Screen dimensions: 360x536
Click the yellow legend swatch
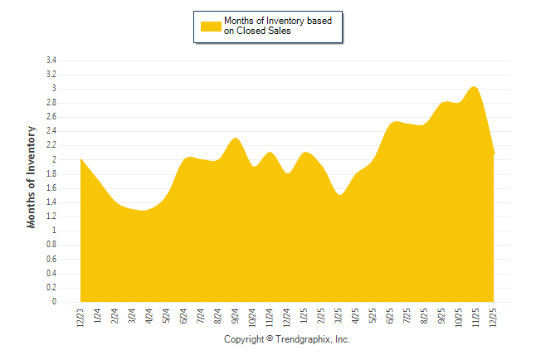click(x=211, y=26)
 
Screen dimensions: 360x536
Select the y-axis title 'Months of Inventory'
click(x=32, y=177)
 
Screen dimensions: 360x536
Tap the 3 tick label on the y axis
click(x=54, y=89)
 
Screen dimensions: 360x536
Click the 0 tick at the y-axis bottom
click(x=54, y=302)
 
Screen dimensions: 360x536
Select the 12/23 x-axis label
click(x=81, y=317)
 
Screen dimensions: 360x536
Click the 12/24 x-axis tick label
click(x=288, y=317)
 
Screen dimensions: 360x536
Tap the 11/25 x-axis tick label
click(x=477, y=317)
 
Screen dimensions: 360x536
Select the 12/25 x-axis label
click(x=495, y=317)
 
